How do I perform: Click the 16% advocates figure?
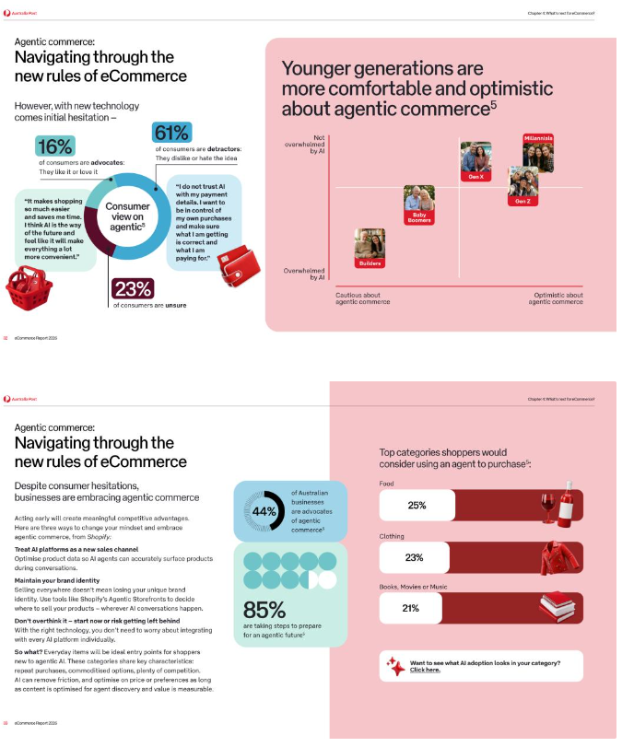[54, 146]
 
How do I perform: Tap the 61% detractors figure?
[171, 134]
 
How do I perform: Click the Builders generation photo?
[370, 245]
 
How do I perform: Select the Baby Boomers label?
[419, 219]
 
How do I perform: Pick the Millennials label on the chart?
[538, 137]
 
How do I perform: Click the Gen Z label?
[522, 201]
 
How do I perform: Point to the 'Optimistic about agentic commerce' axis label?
[558, 299]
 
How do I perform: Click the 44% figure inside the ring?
[264, 510]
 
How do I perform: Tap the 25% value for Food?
[416, 505]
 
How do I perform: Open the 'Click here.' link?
[425, 670]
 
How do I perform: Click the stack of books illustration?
[559, 607]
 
